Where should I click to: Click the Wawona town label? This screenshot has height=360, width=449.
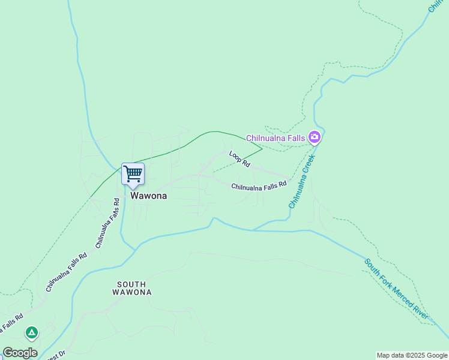[x=149, y=196]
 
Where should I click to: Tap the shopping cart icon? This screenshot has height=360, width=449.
[x=133, y=174]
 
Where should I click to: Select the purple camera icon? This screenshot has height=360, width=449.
[x=314, y=138]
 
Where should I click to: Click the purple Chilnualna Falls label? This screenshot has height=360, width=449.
[x=276, y=138]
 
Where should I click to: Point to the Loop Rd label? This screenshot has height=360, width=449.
[x=239, y=158]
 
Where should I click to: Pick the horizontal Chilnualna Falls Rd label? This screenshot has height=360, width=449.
[x=259, y=187]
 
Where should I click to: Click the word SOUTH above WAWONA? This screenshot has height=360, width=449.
[x=132, y=284]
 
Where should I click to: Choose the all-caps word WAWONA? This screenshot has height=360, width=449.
[x=132, y=293]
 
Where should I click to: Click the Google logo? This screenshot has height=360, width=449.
[x=20, y=353]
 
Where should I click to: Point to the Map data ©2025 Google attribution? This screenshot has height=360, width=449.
[x=412, y=355]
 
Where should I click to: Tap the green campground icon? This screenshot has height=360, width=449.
[x=31, y=331]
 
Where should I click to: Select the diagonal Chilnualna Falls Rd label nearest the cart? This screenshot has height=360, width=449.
[x=109, y=223]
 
